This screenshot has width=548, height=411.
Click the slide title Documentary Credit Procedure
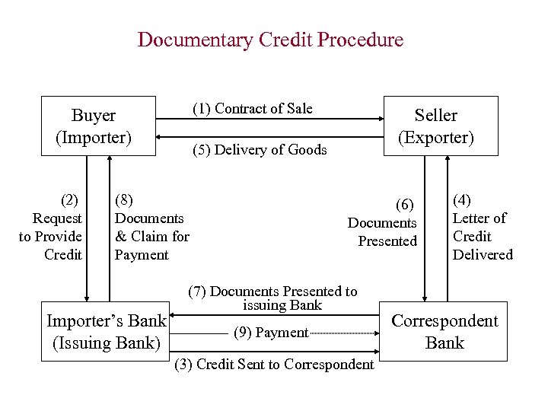[x=270, y=40]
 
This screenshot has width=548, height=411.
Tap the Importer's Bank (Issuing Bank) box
[x=107, y=333]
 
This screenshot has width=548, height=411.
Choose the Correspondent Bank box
[x=444, y=333]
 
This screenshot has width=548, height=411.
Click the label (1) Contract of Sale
[x=252, y=109]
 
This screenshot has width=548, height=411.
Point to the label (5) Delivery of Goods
[x=259, y=150]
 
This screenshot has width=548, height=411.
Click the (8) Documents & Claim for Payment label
[x=151, y=228]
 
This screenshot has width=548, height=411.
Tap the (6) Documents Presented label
[x=383, y=223]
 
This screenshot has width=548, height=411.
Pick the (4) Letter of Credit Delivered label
[x=483, y=228]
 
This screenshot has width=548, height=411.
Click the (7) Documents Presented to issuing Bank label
[x=272, y=298]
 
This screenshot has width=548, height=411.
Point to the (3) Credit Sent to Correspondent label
[x=274, y=365]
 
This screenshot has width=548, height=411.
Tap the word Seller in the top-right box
[x=435, y=116]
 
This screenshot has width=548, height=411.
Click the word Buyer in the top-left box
[x=94, y=116]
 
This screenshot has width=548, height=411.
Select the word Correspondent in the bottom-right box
[x=444, y=321]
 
